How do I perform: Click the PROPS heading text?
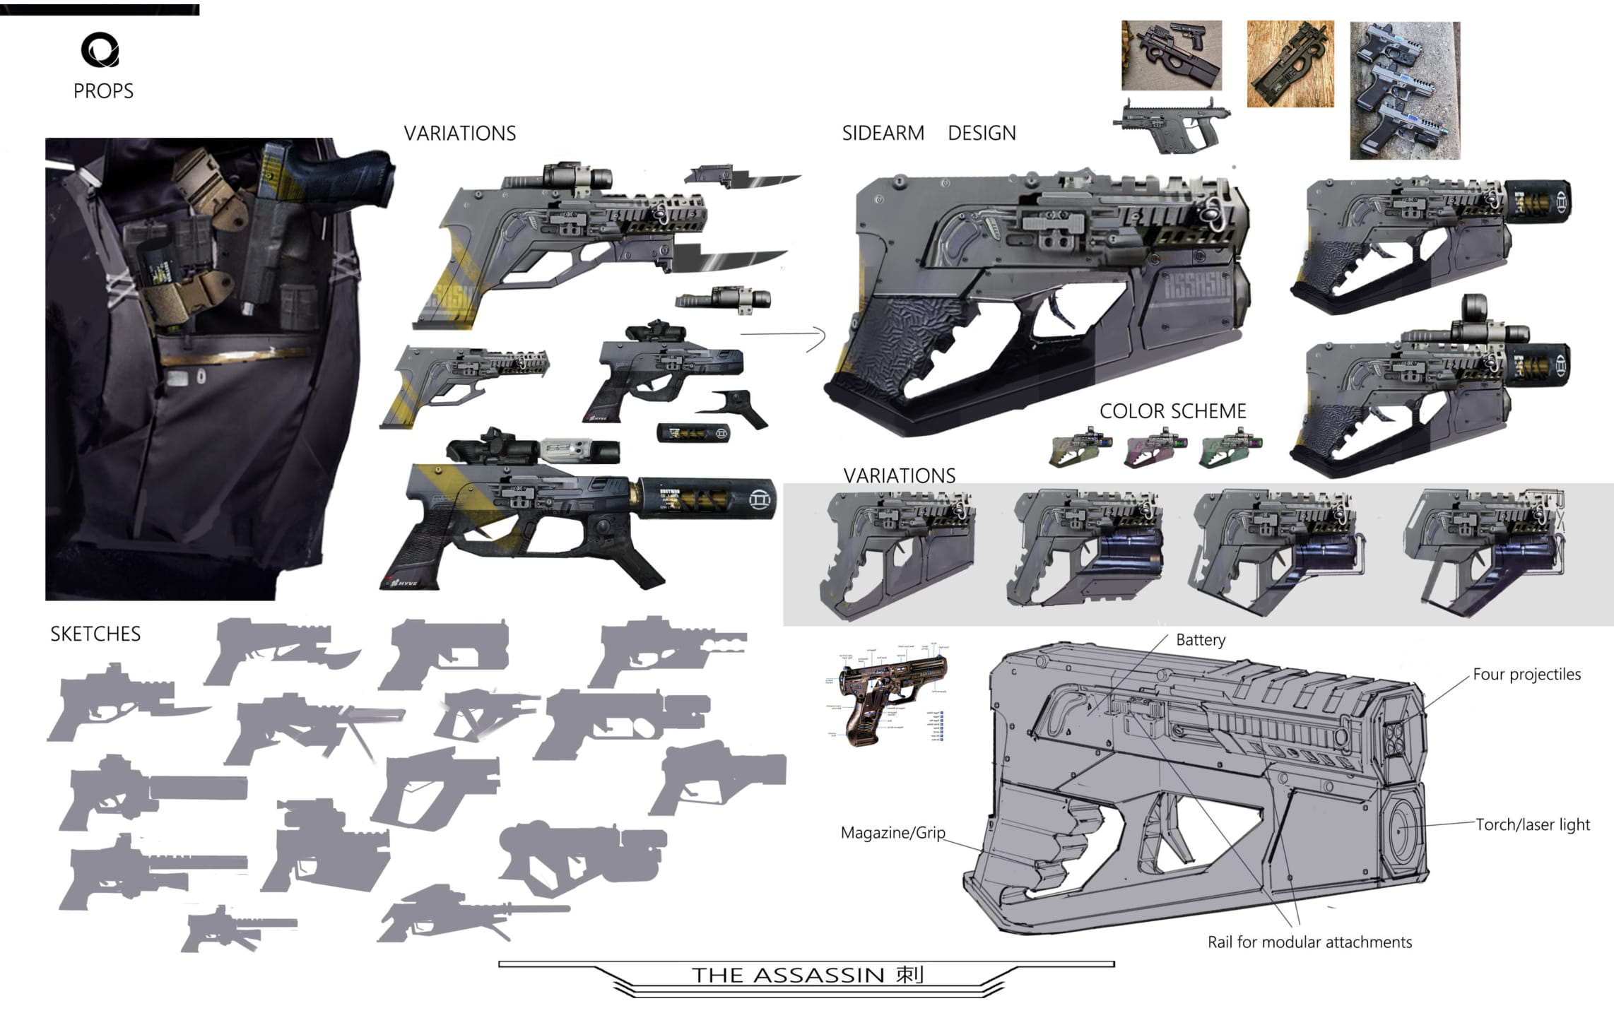point(103,91)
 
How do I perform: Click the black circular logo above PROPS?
point(100,50)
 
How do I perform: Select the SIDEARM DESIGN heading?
point(929,133)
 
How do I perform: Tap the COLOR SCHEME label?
point(1172,411)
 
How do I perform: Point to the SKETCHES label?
point(95,634)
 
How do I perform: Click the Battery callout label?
point(1200,640)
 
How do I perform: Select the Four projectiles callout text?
point(1526,675)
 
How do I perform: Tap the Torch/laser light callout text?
point(1532,824)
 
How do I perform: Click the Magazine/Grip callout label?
point(893,833)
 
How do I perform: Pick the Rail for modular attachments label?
point(1309,942)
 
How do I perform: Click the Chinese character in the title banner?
point(909,975)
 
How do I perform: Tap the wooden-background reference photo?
point(1290,64)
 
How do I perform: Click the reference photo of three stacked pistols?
point(1404,90)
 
